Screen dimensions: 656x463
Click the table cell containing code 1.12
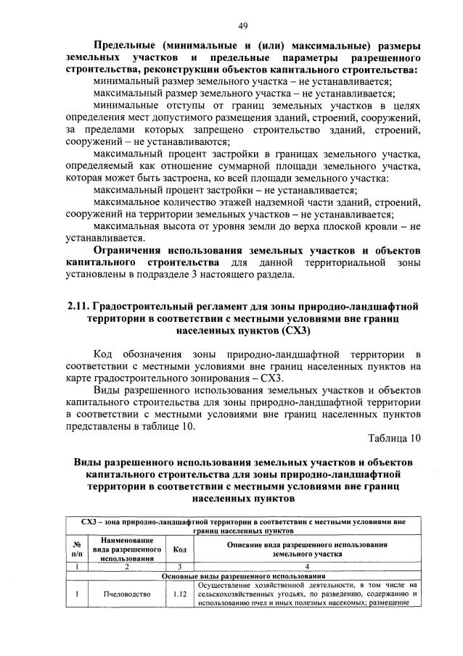[179, 594]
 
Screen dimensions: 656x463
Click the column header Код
[179, 550]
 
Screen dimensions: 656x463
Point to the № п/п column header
[77, 550]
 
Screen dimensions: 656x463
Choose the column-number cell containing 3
[179, 566]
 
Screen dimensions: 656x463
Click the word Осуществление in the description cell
[229, 585]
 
